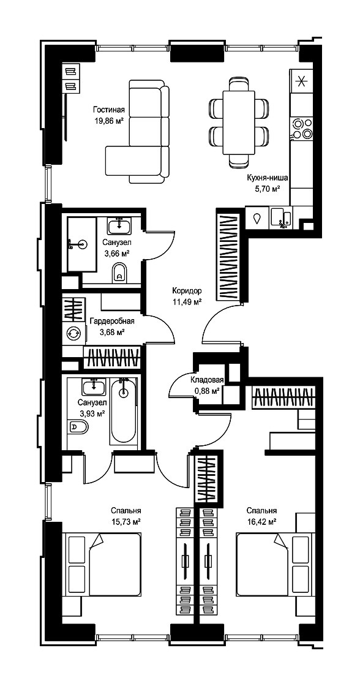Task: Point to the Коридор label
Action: click(x=187, y=290)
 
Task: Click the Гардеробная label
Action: click(x=112, y=322)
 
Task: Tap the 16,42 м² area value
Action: click(x=261, y=521)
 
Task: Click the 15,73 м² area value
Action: click(x=126, y=521)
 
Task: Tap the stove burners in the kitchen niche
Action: click(x=302, y=128)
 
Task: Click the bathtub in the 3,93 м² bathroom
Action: click(x=124, y=410)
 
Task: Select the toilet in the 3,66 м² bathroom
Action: click(x=119, y=273)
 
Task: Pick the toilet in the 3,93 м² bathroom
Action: click(x=79, y=426)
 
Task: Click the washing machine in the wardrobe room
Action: click(x=73, y=333)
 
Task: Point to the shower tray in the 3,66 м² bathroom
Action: click(x=82, y=244)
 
